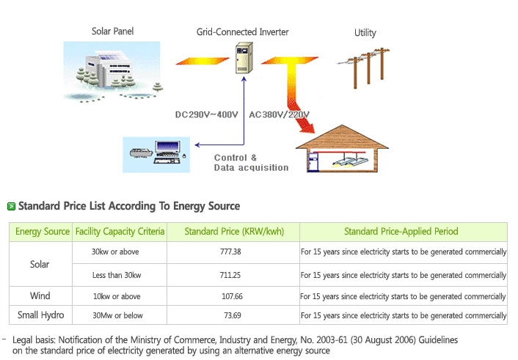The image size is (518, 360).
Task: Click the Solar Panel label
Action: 113,32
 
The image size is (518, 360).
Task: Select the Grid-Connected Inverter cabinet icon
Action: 244,57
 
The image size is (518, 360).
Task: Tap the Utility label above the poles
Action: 365,33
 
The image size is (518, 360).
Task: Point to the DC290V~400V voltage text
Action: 206,114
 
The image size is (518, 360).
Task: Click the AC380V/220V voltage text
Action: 279,114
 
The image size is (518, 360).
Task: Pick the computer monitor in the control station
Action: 167,147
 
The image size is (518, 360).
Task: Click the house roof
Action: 342,136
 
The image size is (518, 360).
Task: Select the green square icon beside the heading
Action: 11,207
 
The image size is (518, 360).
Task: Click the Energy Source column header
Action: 43,231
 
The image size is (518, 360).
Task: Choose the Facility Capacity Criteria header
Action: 120,231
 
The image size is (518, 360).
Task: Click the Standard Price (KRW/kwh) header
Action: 234,231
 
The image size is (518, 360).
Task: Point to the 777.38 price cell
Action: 230,251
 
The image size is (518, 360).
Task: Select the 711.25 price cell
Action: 230,275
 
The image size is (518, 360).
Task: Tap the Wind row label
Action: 40,295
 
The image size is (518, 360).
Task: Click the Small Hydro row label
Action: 40,315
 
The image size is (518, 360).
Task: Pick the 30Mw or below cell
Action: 117,315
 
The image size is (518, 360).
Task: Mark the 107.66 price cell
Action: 232,296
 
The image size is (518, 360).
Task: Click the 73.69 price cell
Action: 233,315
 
